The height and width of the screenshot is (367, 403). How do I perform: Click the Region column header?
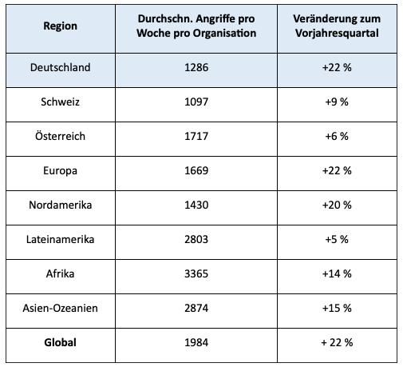point(61,26)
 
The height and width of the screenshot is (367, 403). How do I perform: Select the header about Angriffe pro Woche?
point(196,26)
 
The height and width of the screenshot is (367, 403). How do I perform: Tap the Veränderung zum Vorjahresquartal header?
point(337,26)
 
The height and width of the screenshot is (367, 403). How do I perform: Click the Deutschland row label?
point(61,67)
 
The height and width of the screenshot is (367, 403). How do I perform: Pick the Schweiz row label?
point(61,102)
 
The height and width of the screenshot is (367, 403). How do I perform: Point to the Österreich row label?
point(61,136)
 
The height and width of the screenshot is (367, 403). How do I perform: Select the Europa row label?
point(61,170)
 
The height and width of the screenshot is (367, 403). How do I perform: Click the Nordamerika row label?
point(61,205)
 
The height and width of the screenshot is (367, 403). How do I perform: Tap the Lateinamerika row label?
point(61,239)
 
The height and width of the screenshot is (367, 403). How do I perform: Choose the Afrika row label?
point(61,273)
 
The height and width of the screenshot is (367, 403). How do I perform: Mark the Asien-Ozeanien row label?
point(61,308)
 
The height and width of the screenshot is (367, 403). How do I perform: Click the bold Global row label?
point(61,342)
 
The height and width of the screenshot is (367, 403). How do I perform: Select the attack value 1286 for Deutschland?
point(196,67)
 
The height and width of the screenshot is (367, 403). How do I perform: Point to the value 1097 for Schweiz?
point(196,102)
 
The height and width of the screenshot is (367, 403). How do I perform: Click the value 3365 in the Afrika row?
point(196,273)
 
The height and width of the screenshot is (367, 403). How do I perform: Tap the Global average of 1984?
point(196,342)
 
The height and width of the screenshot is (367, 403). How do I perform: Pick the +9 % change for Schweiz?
point(337,102)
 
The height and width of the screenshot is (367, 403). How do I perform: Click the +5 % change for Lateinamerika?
point(337,239)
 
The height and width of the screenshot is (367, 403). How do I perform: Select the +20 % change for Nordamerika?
point(337,205)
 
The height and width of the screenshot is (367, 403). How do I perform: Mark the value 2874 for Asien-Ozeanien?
point(196,308)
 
